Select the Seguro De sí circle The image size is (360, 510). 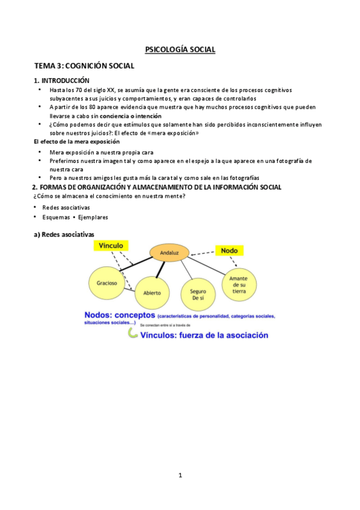pyautogui.click(x=198, y=294)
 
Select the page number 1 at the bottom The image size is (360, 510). pyautogui.click(x=180, y=475)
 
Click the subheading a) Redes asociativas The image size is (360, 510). pyautogui.click(x=63, y=235)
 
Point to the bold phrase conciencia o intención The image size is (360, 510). pyautogui.click(x=130, y=115)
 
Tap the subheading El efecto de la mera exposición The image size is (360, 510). pyautogui.click(x=76, y=141)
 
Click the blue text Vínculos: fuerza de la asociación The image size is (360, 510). pyautogui.click(x=204, y=336)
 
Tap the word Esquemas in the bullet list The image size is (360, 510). pyautogui.click(x=56, y=217)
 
